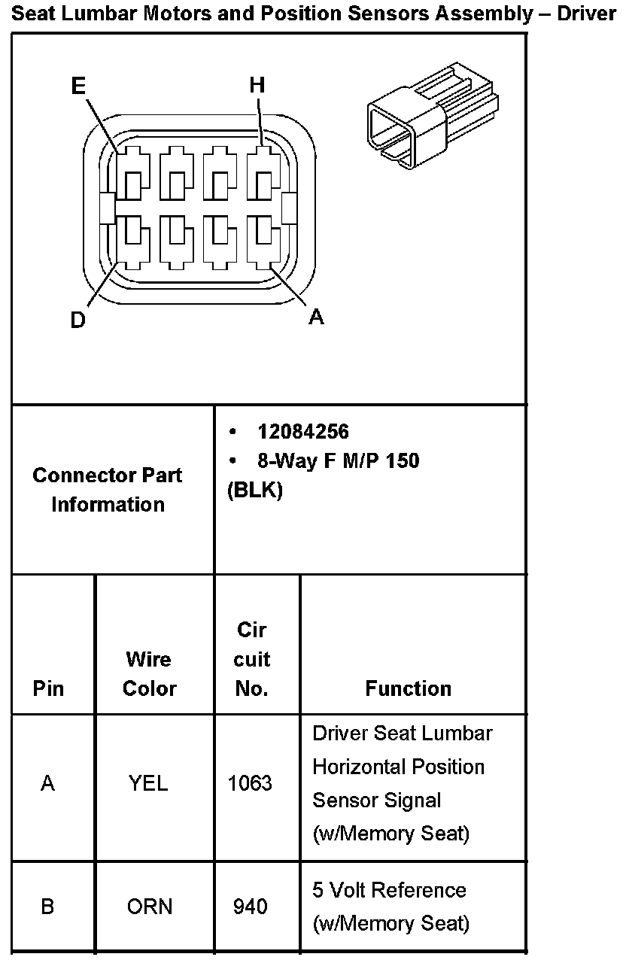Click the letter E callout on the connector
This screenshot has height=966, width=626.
[78, 87]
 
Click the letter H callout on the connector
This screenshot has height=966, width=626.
[257, 86]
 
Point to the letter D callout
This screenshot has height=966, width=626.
[77, 320]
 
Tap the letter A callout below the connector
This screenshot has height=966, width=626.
[317, 317]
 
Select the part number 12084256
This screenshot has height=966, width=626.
[303, 431]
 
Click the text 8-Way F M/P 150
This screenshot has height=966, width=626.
[338, 460]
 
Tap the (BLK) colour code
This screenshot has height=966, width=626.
[254, 491]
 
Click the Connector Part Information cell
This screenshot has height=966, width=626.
[108, 490]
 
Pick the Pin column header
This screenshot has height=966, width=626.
[49, 688]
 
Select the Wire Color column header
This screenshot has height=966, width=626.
[149, 673]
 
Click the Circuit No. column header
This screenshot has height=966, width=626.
[251, 659]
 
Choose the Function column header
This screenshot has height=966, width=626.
[409, 688]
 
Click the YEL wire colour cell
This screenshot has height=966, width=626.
[148, 784]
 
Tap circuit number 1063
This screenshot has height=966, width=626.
[250, 784]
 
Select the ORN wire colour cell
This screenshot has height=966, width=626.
[150, 907]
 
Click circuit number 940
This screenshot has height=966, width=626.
[250, 907]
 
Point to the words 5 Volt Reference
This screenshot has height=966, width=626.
[389, 890]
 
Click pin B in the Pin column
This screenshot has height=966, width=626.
[47, 907]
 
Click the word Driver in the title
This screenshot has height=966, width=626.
[586, 15]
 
